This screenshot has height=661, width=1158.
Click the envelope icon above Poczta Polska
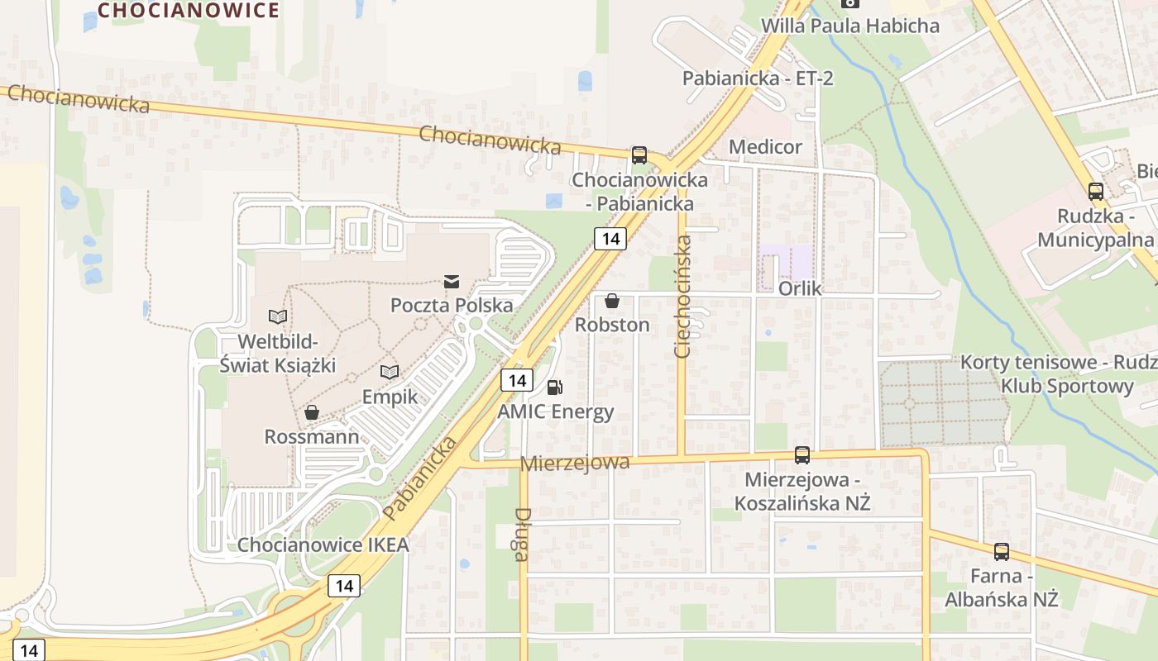click(x=452, y=282)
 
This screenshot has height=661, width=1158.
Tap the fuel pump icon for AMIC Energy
click(x=555, y=387)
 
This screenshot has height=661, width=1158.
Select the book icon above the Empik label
click(x=390, y=373)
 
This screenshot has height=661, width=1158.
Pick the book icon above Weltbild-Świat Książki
click(x=278, y=316)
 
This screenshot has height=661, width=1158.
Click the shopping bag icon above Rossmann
click(x=312, y=411)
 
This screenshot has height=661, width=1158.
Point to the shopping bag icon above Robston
click(x=612, y=301)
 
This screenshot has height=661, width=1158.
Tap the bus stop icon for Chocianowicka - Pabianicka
click(x=639, y=155)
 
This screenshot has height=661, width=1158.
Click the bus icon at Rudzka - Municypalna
click(x=1096, y=192)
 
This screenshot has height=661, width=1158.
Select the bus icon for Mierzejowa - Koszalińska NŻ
click(x=802, y=454)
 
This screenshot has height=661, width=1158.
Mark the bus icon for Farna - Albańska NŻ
click(x=1002, y=552)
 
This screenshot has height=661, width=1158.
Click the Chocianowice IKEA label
click(x=323, y=545)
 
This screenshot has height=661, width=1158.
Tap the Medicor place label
click(x=765, y=147)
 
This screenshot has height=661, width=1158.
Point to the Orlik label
click(x=800, y=288)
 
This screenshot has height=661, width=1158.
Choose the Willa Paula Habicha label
click(x=849, y=26)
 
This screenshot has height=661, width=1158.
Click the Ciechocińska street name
click(x=683, y=297)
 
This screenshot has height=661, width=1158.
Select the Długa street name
click(x=521, y=534)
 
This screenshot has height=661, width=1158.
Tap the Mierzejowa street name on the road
click(x=575, y=463)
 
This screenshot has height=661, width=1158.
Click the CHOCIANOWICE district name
click(x=189, y=10)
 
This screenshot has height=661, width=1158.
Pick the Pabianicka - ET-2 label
click(x=757, y=78)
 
